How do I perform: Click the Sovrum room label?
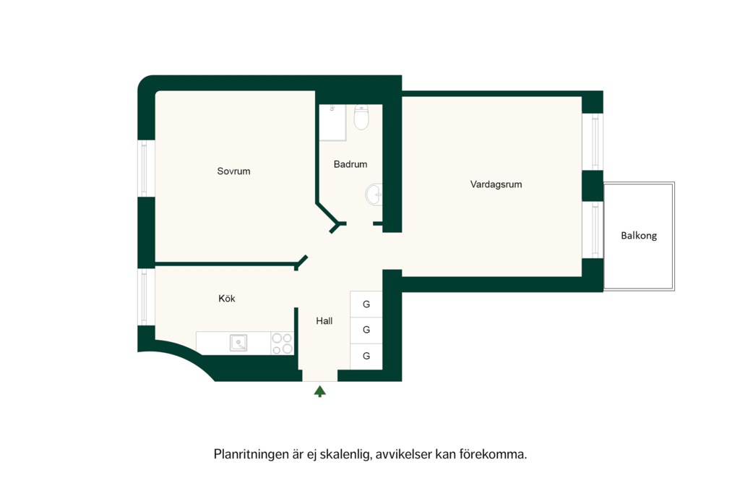coord(233,171)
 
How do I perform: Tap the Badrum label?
coord(350,164)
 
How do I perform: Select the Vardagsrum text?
coord(496,184)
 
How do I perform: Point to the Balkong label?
coord(639,235)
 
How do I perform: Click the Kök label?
coord(226,299)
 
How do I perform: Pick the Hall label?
coord(324,321)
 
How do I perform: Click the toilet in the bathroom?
coord(361,117)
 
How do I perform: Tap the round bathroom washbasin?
coord(374,195)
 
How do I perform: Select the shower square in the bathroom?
coord(332,123)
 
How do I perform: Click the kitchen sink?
coord(238,343)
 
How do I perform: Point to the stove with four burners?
coord(283,344)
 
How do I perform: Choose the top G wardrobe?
coord(366,305)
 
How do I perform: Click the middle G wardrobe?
coord(366,330)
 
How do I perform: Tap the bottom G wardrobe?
coord(366,356)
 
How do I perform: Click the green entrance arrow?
coord(320,391)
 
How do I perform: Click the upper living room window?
coord(593,142)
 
